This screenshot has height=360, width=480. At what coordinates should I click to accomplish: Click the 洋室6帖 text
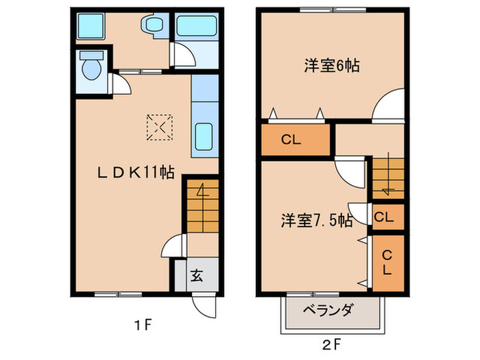[333, 66]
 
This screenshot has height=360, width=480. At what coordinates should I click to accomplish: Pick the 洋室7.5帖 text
[316, 221]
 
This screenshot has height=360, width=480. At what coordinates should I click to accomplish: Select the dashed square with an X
[160, 127]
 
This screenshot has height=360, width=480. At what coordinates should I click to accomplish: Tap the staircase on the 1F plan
[202, 206]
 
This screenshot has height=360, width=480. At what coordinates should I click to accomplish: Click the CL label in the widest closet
[291, 141]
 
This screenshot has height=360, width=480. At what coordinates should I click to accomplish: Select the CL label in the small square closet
[385, 218]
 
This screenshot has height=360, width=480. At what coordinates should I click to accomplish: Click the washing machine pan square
[90, 27]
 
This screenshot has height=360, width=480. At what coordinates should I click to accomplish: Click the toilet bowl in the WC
[89, 68]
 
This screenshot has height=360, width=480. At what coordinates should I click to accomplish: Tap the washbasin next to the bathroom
[152, 26]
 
